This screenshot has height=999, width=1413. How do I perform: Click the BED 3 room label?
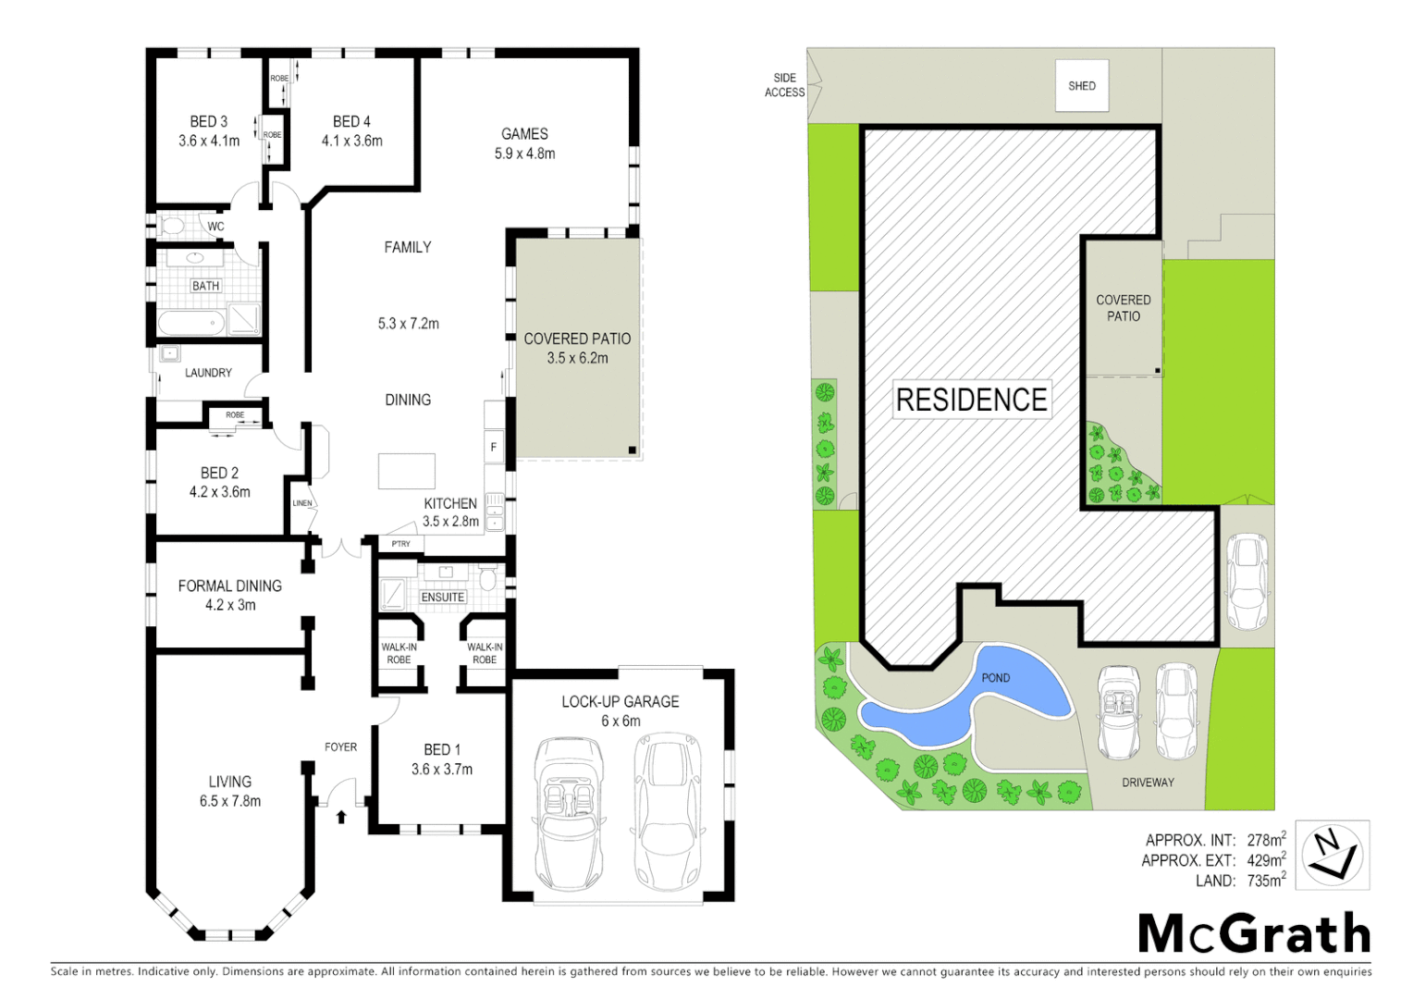(208, 122)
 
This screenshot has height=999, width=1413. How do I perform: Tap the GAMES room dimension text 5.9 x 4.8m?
(524, 154)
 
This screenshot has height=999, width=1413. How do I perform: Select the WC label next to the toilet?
(215, 227)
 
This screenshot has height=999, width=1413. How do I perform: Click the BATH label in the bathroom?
(205, 286)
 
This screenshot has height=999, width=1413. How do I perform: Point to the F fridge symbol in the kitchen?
(494, 447)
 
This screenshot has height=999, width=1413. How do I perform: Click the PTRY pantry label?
(400, 544)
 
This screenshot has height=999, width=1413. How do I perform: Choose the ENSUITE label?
(443, 598)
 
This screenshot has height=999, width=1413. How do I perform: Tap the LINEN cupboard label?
(302, 504)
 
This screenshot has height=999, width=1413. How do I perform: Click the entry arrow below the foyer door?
(341, 817)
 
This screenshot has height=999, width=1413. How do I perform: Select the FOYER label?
(340, 747)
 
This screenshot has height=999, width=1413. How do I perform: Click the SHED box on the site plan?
(1082, 86)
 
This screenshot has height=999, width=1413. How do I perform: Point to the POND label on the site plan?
(996, 678)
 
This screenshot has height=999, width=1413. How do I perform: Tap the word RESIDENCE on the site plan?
(972, 400)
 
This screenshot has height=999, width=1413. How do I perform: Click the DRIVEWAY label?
(1148, 783)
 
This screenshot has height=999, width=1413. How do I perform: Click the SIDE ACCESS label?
(784, 85)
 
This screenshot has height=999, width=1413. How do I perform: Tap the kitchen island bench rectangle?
(407, 471)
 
